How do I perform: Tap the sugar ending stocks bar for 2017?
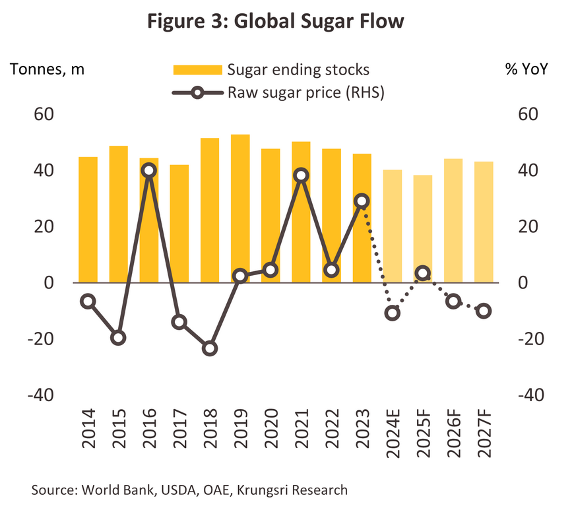tap(179, 224)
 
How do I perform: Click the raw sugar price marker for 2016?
tap(149, 170)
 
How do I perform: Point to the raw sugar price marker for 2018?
tap(210, 348)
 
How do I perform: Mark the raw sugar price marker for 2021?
tap(302, 175)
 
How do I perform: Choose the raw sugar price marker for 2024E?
tap(393, 313)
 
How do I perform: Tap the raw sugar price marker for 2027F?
tap(484, 311)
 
